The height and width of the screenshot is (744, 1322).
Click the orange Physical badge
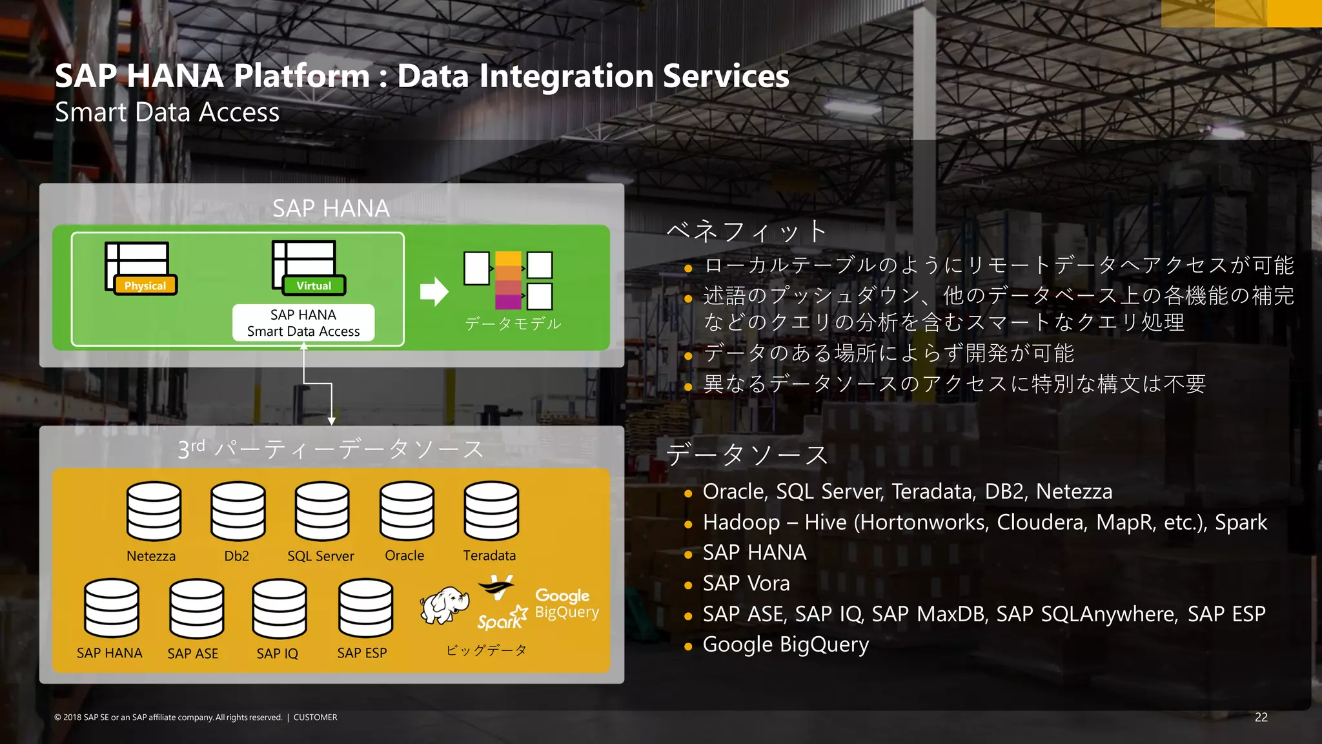pos(145,285)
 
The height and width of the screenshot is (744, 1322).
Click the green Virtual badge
pos(314,285)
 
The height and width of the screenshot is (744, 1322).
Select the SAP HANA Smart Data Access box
pos(303,323)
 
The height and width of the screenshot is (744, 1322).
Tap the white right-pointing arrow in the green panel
pos(434,292)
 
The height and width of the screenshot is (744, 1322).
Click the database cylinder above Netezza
pos(154,511)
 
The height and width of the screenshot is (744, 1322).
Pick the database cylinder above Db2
pos(238,511)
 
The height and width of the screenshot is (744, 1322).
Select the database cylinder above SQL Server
pos(322,511)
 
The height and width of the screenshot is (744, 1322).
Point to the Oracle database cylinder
pos(407,511)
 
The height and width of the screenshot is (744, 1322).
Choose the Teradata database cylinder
pos(491,511)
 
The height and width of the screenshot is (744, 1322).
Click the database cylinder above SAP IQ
pos(280,608)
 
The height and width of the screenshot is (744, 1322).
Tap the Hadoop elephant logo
pos(444,605)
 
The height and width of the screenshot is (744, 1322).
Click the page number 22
pos(1261,717)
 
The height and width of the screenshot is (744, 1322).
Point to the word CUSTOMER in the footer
pos(315,718)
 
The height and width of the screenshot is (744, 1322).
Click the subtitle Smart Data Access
pos(167,112)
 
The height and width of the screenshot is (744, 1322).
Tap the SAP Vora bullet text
pos(746,583)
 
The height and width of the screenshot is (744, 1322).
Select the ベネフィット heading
pos(746,231)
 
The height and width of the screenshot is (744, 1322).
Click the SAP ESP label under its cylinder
pos(361,653)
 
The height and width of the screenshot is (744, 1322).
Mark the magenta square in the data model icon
pos(508,302)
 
